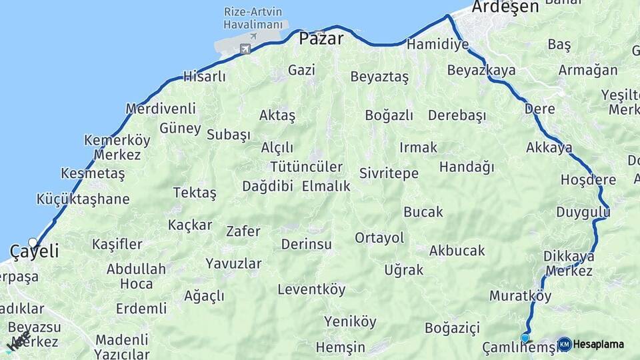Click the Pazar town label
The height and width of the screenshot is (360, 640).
(321, 39)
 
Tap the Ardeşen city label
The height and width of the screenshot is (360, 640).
(505, 7)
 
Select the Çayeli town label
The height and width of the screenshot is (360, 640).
(34, 251)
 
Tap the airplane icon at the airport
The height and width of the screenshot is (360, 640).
(245, 48)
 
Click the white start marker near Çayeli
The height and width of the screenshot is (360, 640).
(33, 243)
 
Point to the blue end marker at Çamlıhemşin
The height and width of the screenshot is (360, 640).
(525, 338)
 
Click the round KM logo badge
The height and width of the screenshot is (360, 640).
(564, 344)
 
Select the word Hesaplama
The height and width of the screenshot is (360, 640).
(599, 345)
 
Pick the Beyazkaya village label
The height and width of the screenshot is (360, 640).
(481, 70)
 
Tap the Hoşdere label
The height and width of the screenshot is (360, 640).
(588, 180)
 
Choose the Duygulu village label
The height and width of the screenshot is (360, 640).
(583, 212)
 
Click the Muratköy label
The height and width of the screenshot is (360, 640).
(520, 295)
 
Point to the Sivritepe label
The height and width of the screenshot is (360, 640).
(389, 173)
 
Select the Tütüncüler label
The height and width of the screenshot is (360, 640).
(306, 167)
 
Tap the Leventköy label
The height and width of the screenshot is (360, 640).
(311, 289)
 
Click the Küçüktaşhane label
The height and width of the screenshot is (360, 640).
(83, 199)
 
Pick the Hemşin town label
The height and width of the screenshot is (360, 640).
(340, 347)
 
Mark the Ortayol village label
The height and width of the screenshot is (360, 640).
(379, 238)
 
